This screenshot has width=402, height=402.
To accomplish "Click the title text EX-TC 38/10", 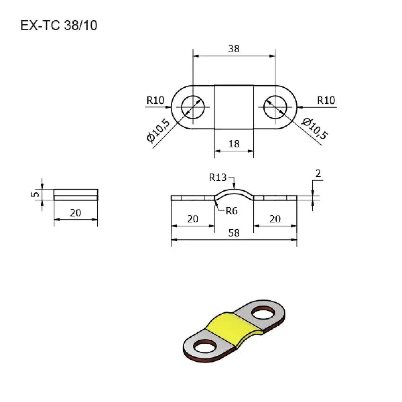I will tap(59, 26).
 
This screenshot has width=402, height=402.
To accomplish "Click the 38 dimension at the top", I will tap(234, 49).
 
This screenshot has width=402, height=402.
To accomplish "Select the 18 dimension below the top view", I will tap(234, 144).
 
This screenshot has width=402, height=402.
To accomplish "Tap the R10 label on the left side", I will tap(155, 100).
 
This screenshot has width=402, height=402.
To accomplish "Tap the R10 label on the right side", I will tap(326, 100).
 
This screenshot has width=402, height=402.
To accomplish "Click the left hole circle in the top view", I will tap(193, 107).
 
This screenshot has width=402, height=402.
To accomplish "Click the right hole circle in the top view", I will tap(275, 107).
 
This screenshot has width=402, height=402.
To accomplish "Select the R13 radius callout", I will tap(218, 177).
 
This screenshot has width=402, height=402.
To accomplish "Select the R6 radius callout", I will tap(231, 211).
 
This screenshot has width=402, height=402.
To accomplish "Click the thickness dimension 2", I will tap(318, 174).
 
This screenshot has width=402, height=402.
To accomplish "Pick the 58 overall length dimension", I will tap(234, 233).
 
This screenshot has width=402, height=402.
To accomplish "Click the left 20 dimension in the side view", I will tap(193, 219).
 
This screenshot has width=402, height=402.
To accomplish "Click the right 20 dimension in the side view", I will tap(275, 219).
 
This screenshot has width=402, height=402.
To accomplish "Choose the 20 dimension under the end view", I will tap(76, 213).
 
